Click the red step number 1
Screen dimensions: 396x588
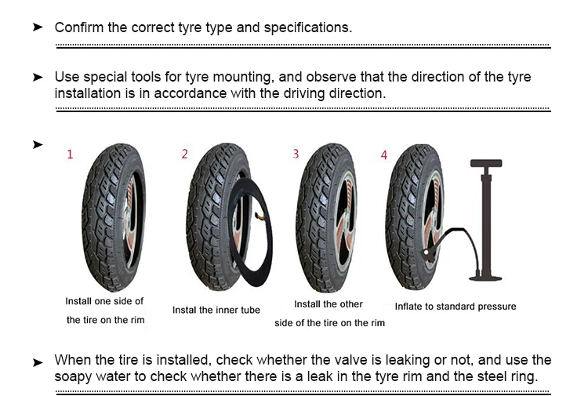pyautogui.click(x=70, y=154)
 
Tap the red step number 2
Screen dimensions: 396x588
pyautogui.click(x=185, y=154)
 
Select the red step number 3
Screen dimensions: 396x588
pyautogui.click(x=296, y=154)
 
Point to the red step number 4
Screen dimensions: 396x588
pyautogui.click(x=384, y=155)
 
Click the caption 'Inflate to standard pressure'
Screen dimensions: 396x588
pyautogui.click(x=455, y=307)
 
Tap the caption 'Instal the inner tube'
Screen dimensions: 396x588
pyautogui.click(x=216, y=311)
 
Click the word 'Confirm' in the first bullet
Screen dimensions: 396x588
pyautogui.click(x=78, y=27)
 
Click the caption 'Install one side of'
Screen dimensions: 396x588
pyautogui.click(x=104, y=301)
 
